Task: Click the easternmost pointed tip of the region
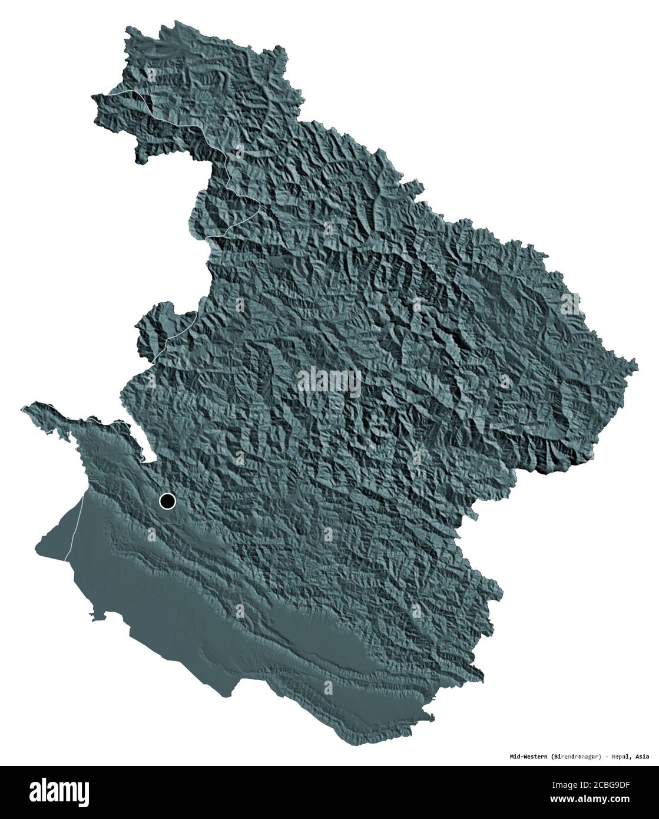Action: (636, 363)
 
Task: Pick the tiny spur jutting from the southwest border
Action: (94, 616)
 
